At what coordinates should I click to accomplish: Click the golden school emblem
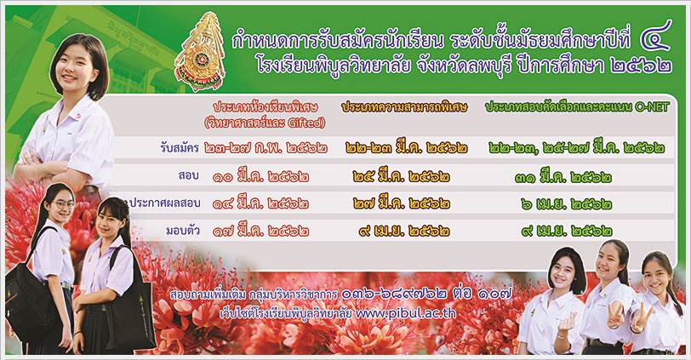pos(200,52)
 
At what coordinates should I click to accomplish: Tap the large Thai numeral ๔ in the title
pos(656,36)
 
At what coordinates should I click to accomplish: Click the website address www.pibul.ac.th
pos(405,313)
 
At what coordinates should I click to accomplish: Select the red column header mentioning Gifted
pos(265,115)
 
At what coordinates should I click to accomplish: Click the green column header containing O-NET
pos(577,107)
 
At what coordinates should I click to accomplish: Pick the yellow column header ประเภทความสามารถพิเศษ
pos(404,107)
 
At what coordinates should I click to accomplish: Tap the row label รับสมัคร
pos(180,148)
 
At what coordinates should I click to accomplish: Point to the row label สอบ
pos(189,175)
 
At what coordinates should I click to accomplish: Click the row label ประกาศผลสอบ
pos(165,203)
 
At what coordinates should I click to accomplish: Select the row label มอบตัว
pos(183,230)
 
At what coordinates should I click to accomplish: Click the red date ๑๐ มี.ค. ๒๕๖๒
pos(260,177)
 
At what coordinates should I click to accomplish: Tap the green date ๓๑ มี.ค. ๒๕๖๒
pos(563,177)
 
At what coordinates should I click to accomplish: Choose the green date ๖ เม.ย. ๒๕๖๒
pos(566,204)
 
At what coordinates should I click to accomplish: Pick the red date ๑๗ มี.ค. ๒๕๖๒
pos(260,231)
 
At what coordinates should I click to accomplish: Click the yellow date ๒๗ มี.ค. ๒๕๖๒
pos(402,203)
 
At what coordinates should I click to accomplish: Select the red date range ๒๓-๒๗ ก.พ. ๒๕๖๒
pos(266,148)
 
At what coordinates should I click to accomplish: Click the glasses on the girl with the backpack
pos(64,204)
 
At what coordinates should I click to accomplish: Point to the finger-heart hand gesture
pos(566,324)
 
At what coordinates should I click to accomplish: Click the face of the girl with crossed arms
pos(75,66)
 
